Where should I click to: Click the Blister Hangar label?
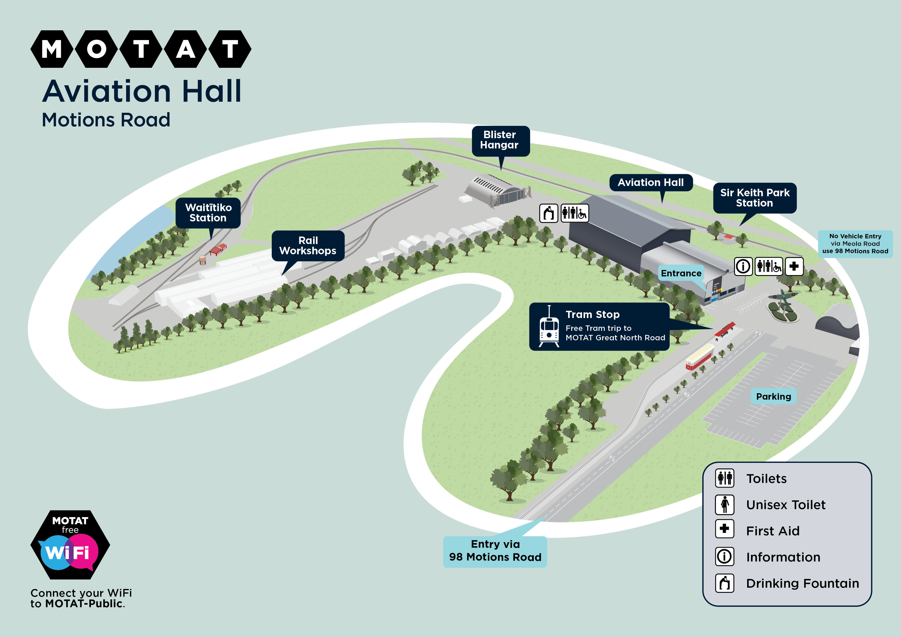(x=500, y=140)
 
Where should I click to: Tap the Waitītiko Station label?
(x=208, y=213)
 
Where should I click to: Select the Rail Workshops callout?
(x=308, y=246)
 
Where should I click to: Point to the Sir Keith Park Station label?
(x=755, y=198)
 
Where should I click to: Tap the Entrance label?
(x=681, y=273)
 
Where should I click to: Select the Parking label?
(x=773, y=396)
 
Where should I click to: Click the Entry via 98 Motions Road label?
(x=495, y=551)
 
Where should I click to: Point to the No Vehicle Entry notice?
(x=855, y=244)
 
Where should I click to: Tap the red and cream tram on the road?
(x=700, y=356)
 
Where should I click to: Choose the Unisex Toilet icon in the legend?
(x=724, y=505)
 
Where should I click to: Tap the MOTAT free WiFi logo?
(x=70, y=545)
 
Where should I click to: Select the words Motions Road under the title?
(x=106, y=120)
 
